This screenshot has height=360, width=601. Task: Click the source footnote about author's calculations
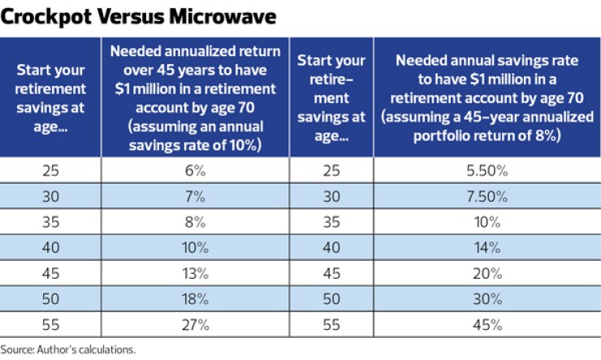(x=68, y=349)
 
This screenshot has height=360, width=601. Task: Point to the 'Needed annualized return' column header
(x=195, y=97)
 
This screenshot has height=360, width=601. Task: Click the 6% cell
(x=195, y=171)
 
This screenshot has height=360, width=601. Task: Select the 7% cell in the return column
(x=195, y=197)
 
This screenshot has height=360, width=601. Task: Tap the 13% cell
(x=195, y=274)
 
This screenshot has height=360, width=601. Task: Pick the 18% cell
(x=195, y=299)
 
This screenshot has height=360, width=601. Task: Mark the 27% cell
(x=195, y=325)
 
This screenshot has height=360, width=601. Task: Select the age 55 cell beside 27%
(x=50, y=325)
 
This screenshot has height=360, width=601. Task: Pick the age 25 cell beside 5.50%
(x=331, y=171)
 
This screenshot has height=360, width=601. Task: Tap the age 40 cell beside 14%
(x=331, y=248)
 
